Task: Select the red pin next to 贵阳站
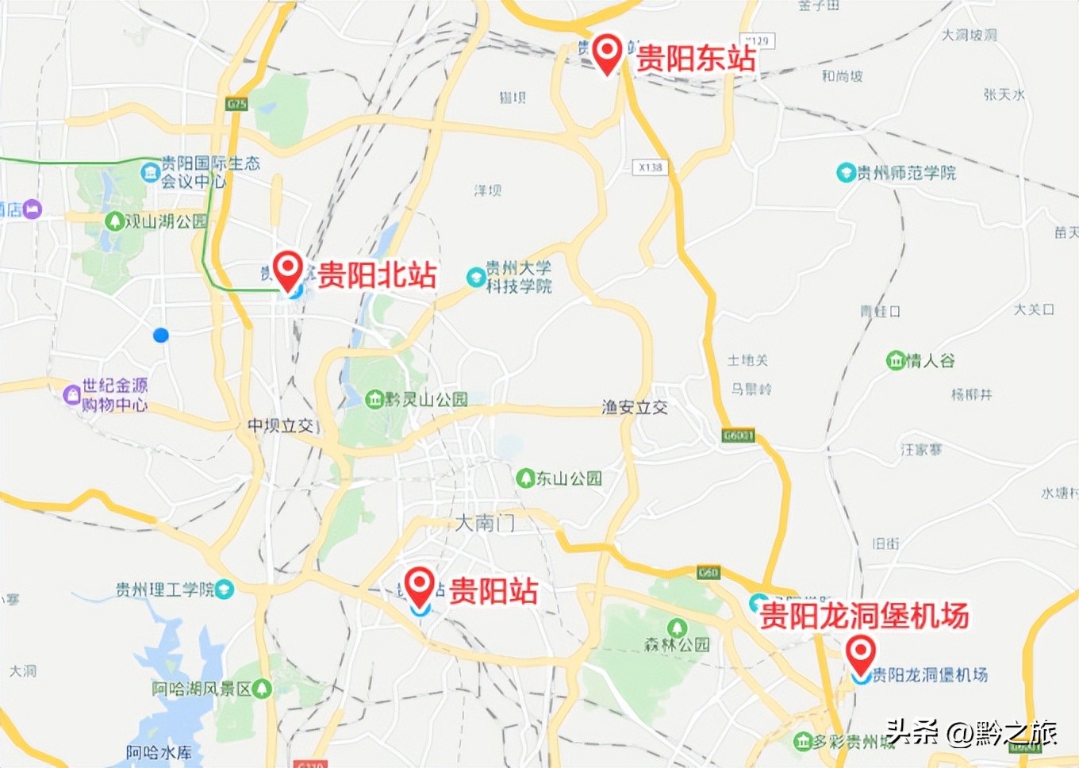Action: click(x=420, y=585)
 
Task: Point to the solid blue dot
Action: click(x=161, y=336)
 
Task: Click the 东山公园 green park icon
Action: click(x=524, y=478)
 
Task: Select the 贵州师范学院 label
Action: click(x=906, y=173)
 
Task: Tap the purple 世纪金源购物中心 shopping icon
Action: click(x=72, y=394)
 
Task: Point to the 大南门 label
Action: click(x=485, y=523)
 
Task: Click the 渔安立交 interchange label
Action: click(x=635, y=408)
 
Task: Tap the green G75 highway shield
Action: click(x=236, y=104)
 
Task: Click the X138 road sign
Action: click(x=651, y=167)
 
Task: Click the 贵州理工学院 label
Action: click(x=165, y=589)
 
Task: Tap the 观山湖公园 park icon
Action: click(x=115, y=221)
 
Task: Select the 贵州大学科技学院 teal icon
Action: click(x=475, y=277)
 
